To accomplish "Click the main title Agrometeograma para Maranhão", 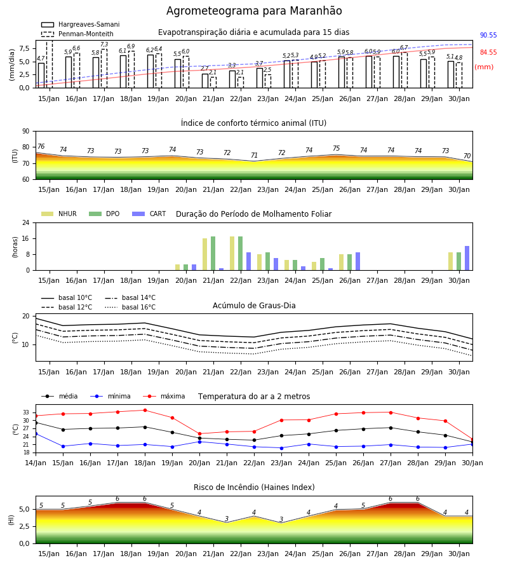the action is point(254,11).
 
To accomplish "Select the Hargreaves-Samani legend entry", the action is point(80,24).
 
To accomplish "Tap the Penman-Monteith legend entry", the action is point(77,34).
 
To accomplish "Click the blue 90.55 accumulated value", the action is point(488,36).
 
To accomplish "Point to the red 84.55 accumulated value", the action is point(488,53).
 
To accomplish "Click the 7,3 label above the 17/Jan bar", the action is point(104,44).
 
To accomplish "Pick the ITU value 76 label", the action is point(41,146).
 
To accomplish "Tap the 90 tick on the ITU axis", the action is point(26,132).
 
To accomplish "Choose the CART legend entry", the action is point(149,214).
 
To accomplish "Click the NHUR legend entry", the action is point(59,214).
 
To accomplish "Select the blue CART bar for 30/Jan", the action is point(467,258).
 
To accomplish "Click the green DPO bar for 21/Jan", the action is point(213,254).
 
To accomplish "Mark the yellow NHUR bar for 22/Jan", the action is point(232,254).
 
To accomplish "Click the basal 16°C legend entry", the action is point(130,307).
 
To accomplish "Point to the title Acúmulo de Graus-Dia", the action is point(254,306).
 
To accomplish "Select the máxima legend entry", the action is point(164,396).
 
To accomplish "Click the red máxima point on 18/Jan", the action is point(145,411).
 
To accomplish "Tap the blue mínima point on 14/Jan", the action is point(36,433).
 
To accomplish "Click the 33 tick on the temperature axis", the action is point(26,412).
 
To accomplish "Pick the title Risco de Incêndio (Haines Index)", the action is point(254,487).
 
